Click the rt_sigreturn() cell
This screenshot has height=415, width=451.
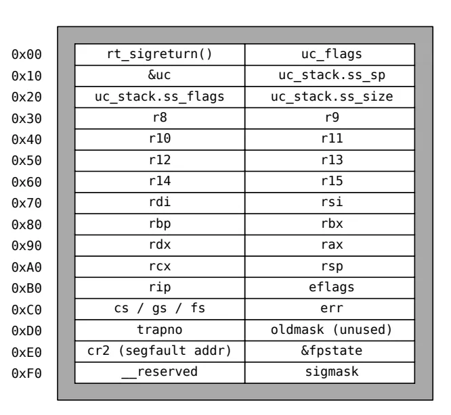pos(160,55)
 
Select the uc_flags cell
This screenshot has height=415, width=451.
pos(330,55)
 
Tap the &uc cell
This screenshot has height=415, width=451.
pos(160,76)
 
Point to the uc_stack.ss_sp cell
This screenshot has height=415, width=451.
pos(330,76)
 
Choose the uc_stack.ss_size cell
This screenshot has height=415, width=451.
pos(330,97)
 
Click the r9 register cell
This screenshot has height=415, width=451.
pos(330,118)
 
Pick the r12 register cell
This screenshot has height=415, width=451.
pos(160,161)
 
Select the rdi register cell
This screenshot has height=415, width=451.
pos(160,203)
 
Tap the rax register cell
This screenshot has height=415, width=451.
pos(330,245)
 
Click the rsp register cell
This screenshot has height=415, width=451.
pos(330,266)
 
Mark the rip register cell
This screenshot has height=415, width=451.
pos(160,288)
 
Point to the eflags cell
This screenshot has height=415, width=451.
pos(330,288)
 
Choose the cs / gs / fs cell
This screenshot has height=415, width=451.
pos(160,309)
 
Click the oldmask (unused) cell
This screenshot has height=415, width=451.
pos(330,331)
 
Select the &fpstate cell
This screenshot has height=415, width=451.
pos(330,351)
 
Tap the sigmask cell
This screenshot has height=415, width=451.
pos(330,373)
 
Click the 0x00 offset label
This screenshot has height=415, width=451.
pos(27,55)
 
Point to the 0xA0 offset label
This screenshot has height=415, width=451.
pos(27,267)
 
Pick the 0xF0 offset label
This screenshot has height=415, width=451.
pos(27,373)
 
